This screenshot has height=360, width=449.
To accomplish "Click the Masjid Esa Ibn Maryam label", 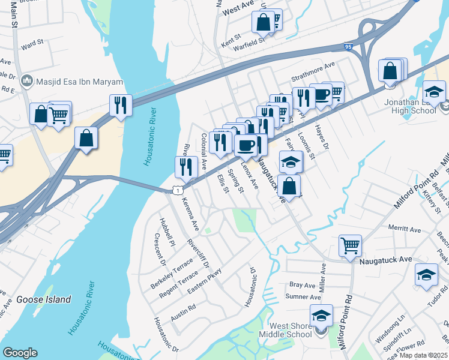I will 80,82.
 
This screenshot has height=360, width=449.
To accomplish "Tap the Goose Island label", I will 44,299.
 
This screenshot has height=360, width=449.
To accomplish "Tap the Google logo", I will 20,353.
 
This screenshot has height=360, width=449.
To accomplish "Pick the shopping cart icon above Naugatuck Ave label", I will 350,245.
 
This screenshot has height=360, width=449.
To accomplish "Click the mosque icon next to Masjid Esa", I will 26,81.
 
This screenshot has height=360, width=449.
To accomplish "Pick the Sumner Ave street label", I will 303,296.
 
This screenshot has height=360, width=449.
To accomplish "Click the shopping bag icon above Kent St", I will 264,22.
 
